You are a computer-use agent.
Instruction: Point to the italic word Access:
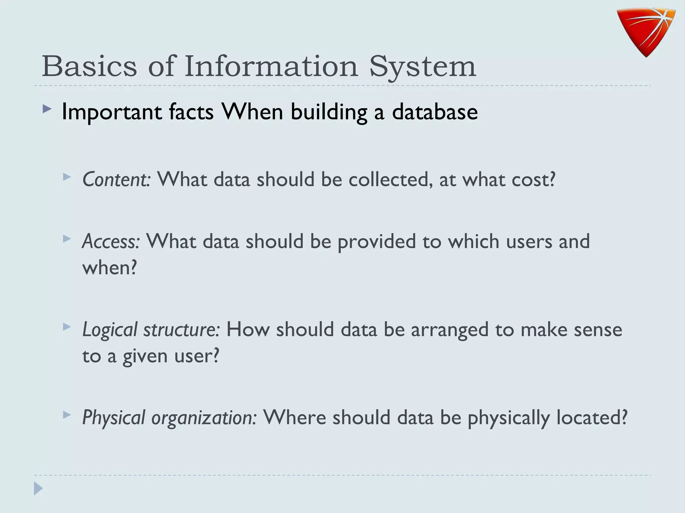111,241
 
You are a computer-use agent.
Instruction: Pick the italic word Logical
110,330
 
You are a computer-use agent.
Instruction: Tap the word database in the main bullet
434,112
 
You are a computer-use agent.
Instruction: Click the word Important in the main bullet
112,112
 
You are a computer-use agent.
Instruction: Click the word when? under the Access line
110,268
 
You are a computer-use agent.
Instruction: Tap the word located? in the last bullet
591,417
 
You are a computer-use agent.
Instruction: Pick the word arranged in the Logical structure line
450,330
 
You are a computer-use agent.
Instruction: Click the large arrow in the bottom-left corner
38,489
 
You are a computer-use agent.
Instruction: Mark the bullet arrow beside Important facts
47,109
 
